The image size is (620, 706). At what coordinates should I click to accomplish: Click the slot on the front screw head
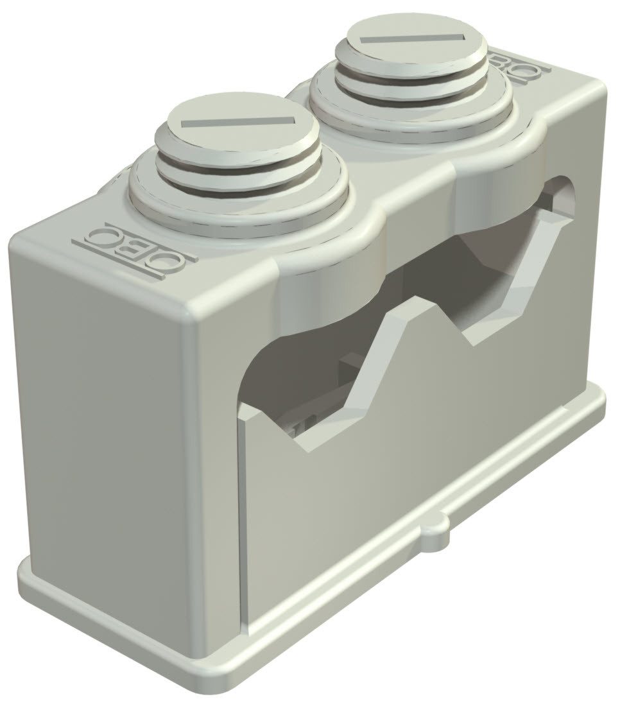237,121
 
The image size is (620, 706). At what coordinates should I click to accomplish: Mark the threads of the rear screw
411,83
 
